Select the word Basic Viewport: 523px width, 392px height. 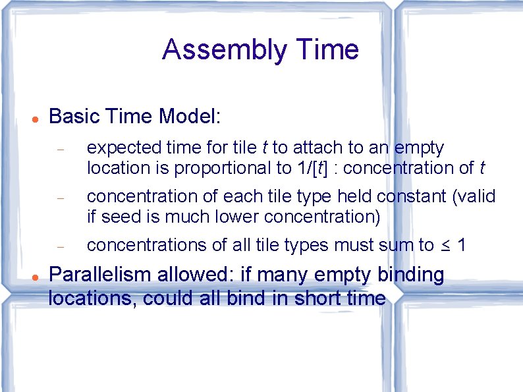(73, 117)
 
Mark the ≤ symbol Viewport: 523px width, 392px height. (445, 246)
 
